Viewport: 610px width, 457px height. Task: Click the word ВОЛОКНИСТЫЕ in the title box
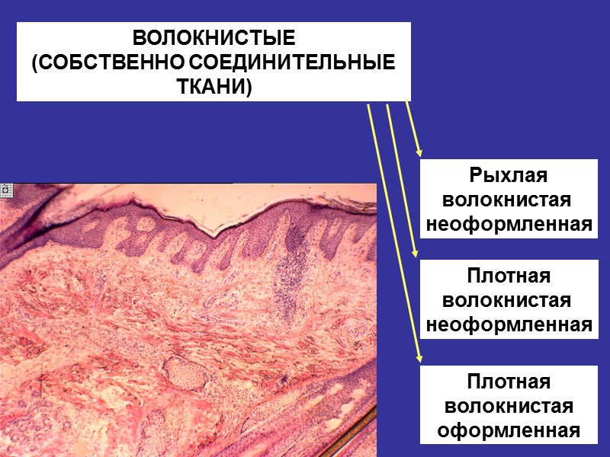click(213, 38)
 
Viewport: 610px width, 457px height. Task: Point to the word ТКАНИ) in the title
click(213, 86)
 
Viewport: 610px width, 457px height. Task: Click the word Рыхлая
click(509, 175)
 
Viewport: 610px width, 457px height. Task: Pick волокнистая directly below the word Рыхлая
click(509, 200)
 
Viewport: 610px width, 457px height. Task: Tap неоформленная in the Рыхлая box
click(509, 225)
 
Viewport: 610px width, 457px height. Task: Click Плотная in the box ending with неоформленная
click(509, 275)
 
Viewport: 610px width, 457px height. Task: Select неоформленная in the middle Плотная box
click(509, 324)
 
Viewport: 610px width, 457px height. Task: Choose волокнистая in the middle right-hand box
click(509, 300)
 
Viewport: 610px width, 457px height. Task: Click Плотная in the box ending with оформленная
click(509, 381)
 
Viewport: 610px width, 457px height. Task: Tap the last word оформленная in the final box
click(509, 430)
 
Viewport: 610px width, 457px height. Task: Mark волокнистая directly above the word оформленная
click(509, 406)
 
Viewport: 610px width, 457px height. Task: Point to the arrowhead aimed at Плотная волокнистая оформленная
click(417, 356)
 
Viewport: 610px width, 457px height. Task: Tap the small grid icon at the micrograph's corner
click(4, 190)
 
